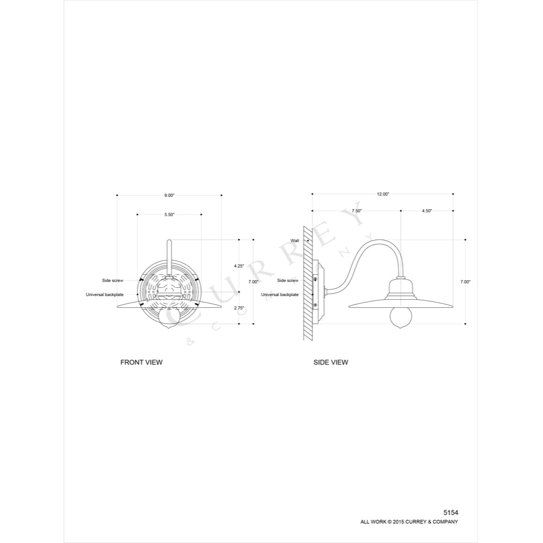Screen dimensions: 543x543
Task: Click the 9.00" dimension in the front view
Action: pos(169,195)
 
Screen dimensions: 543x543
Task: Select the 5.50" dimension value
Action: pos(169,214)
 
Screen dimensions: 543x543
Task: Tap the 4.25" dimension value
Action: pos(239,266)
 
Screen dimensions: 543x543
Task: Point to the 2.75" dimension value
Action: pos(239,307)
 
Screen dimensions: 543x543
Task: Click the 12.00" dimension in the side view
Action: pos(383,194)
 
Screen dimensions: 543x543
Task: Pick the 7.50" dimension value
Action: pos(357,211)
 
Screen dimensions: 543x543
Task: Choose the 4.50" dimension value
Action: pos(427,211)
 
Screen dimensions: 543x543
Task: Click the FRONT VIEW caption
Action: pos(141,362)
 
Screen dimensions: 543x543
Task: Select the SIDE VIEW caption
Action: pos(331,362)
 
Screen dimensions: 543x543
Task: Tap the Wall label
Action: pos(295,241)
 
